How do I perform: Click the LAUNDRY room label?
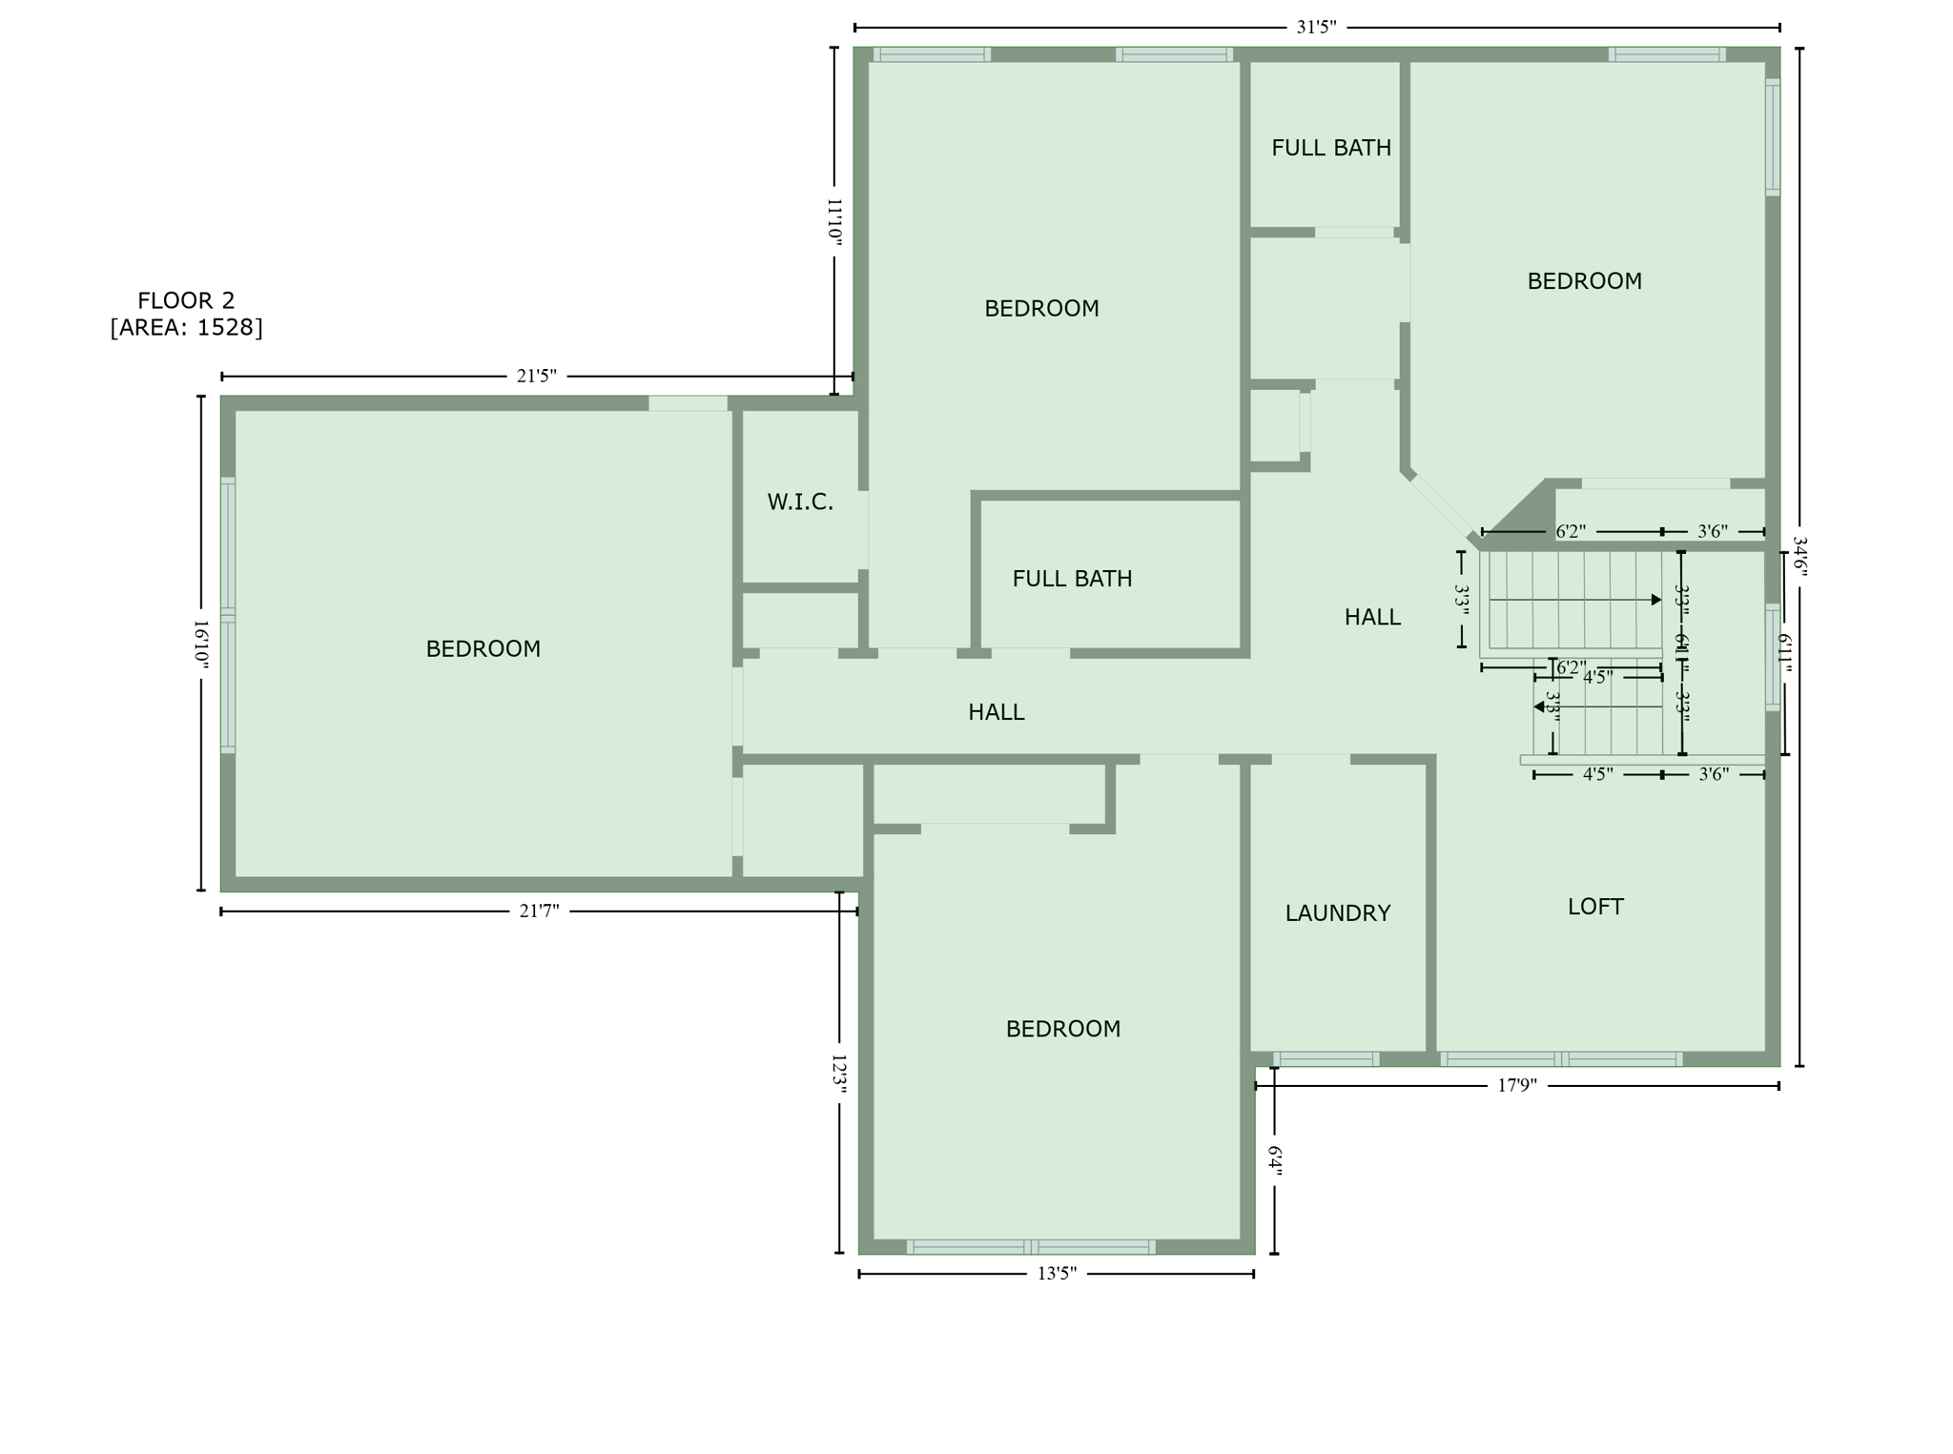[1337, 913]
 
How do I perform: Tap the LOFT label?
[1595, 907]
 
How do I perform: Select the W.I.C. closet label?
[800, 502]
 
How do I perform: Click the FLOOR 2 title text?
[186, 301]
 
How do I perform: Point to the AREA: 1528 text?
[186, 328]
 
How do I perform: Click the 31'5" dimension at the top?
[1316, 28]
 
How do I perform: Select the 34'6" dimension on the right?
[1799, 556]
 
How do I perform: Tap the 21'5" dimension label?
[536, 377]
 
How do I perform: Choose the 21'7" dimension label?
[539, 911]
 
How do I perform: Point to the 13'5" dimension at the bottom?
[1057, 1274]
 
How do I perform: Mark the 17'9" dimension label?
[1517, 1086]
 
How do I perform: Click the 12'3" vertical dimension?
[839, 1073]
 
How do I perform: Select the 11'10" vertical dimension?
[834, 223]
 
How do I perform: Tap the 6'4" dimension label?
[1275, 1160]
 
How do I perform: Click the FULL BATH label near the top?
[1331, 148]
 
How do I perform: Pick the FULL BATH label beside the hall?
[1072, 579]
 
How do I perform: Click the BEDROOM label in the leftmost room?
[483, 649]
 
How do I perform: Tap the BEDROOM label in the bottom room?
[1063, 1029]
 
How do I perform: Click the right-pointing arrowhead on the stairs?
[1656, 600]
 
